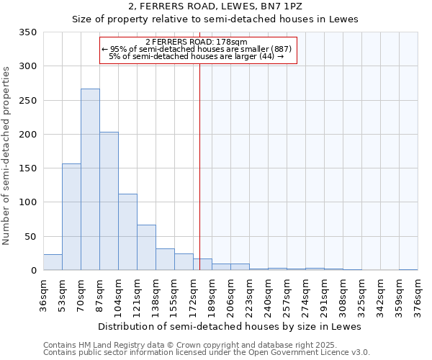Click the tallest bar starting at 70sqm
pos(90,179)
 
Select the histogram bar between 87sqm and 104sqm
pos(109,201)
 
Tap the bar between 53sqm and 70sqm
pos(71,217)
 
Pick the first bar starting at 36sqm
pos(53,262)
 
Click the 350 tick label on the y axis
pos(27,32)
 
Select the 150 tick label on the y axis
pos(27,168)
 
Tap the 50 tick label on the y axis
pos(30,236)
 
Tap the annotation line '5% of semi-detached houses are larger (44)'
pos(196,56)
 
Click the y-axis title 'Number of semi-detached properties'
pos(7,155)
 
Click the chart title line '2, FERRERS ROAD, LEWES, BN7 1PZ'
pos(215,6)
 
